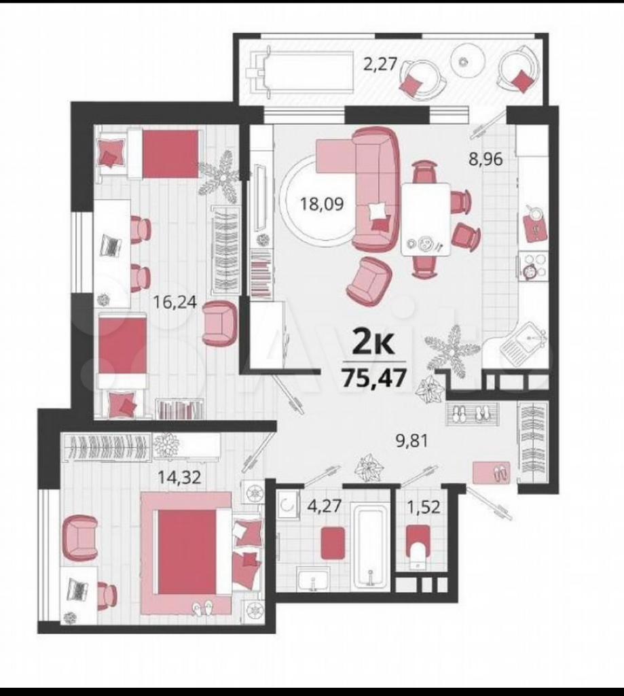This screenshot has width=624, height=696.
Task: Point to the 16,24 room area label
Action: click(x=175, y=302)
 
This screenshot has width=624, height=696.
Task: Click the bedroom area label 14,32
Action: click(x=180, y=477)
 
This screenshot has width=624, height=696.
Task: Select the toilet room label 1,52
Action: click(x=424, y=506)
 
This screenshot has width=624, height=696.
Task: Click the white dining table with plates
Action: click(x=426, y=220)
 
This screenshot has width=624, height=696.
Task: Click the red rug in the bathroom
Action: click(x=333, y=543)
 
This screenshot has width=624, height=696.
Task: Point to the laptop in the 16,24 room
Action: click(x=111, y=245)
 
